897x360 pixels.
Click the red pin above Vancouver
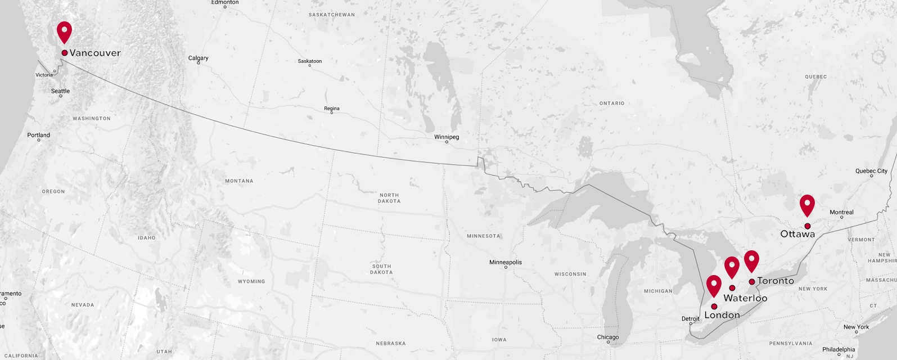(x=65, y=31)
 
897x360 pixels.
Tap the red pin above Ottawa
(x=807, y=204)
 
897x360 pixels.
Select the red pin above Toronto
(x=751, y=260)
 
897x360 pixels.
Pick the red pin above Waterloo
(x=732, y=266)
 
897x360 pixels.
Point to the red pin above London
(x=714, y=285)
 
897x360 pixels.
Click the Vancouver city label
(x=95, y=53)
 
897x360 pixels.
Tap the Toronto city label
(x=776, y=281)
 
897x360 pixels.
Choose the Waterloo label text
(x=745, y=298)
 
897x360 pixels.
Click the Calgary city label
(x=198, y=58)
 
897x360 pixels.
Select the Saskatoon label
(x=310, y=61)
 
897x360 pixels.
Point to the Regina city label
(x=332, y=109)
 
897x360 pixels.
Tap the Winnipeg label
(x=447, y=137)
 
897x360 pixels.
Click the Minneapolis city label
(x=506, y=262)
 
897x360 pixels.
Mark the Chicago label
(x=608, y=337)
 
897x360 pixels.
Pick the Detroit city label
(x=691, y=318)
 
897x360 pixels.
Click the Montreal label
(x=841, y=212)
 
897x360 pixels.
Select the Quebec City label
(x=871, y=171)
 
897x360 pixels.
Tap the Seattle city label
(x=61, y=91)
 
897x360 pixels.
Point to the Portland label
(x=39, y=135)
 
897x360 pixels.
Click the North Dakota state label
(x=389, y=198)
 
